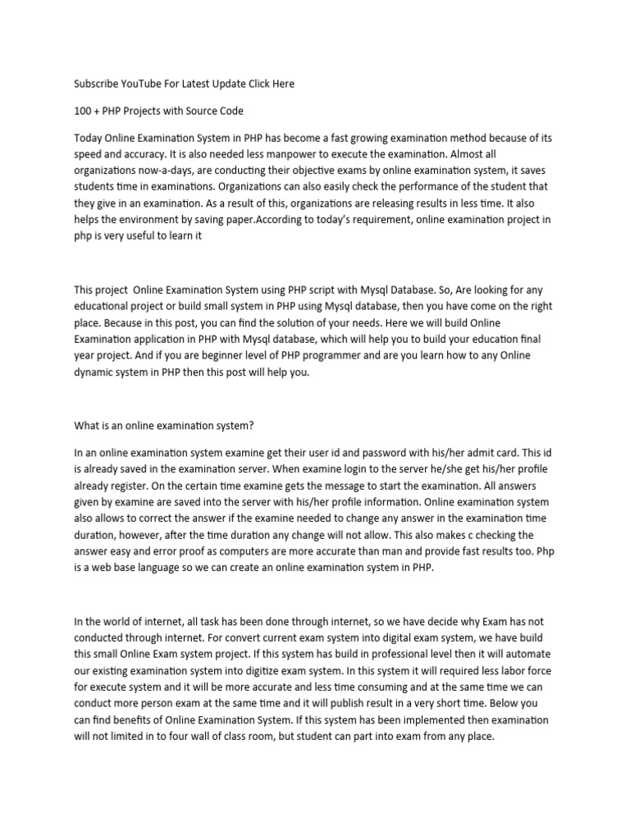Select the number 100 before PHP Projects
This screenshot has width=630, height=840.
tap(83, 111)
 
